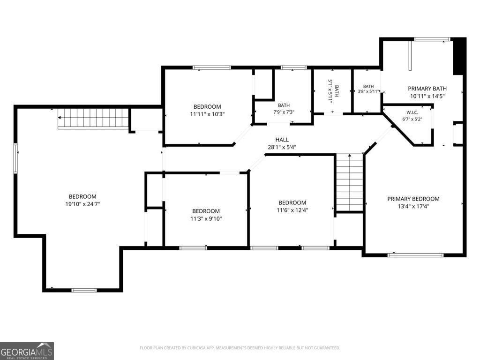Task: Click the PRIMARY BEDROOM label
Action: pos(413,199)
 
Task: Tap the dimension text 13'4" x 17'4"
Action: pos(413,206)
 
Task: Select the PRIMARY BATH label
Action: pos(427,89)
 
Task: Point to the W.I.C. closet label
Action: pos(412,112)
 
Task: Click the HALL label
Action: pos(282,140)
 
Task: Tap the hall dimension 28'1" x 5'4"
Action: pos(282,147)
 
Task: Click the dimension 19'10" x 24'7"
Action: pos(82,204)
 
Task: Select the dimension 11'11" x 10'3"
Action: pos(207,114)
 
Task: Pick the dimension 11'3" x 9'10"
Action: pos(206,218)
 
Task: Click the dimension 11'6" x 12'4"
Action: pos(292,210)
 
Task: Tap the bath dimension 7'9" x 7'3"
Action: pos(284,112)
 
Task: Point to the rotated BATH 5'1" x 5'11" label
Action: pos(333,91)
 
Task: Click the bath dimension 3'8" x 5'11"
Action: pos(368,91)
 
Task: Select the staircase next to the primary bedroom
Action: pos(350,183)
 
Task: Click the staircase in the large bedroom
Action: pos(93,118)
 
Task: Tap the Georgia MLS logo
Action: pos(27,351)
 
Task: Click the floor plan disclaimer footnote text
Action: pos(240,348)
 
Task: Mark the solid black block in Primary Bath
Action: pos(458,56)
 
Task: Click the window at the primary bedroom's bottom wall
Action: pos(415,255)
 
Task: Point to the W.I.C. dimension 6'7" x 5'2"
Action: pos(412,119)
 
